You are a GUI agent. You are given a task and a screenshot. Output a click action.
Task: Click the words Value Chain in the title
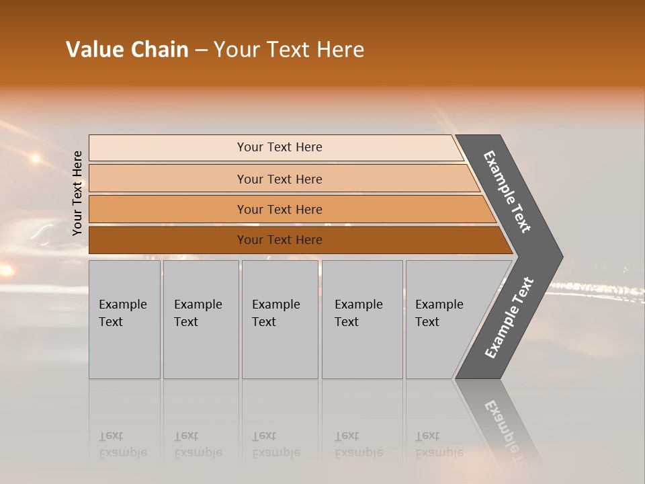tap(127, 50)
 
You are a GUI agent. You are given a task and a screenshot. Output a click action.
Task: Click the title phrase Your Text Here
tap(289, 50)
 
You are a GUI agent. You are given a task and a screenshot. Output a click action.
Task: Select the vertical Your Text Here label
tap(77, 193)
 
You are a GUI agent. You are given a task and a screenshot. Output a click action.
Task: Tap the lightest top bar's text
tap(279, 147)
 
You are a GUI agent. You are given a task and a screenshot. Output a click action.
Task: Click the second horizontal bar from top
tap(279, 179)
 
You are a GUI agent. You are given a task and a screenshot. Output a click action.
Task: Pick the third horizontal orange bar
tap(279, 210)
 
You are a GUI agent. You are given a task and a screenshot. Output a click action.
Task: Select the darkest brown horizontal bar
tap(279, 240)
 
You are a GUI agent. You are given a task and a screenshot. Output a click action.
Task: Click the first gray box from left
tap(124, 319)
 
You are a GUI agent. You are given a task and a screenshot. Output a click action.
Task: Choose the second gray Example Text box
tap(200, 319)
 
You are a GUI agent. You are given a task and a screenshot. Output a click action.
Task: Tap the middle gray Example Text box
tap(279, 319)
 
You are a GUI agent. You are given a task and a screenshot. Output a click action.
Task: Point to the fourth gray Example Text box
tap(361, 319)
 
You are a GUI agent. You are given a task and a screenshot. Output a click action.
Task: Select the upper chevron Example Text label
tap(507, 192)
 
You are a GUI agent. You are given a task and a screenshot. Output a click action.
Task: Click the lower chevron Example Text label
tap(509, 318)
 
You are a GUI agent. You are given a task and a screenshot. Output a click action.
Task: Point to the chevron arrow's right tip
tap(562, 257)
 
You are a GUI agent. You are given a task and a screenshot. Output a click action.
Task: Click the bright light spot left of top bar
tap(35, 159)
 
